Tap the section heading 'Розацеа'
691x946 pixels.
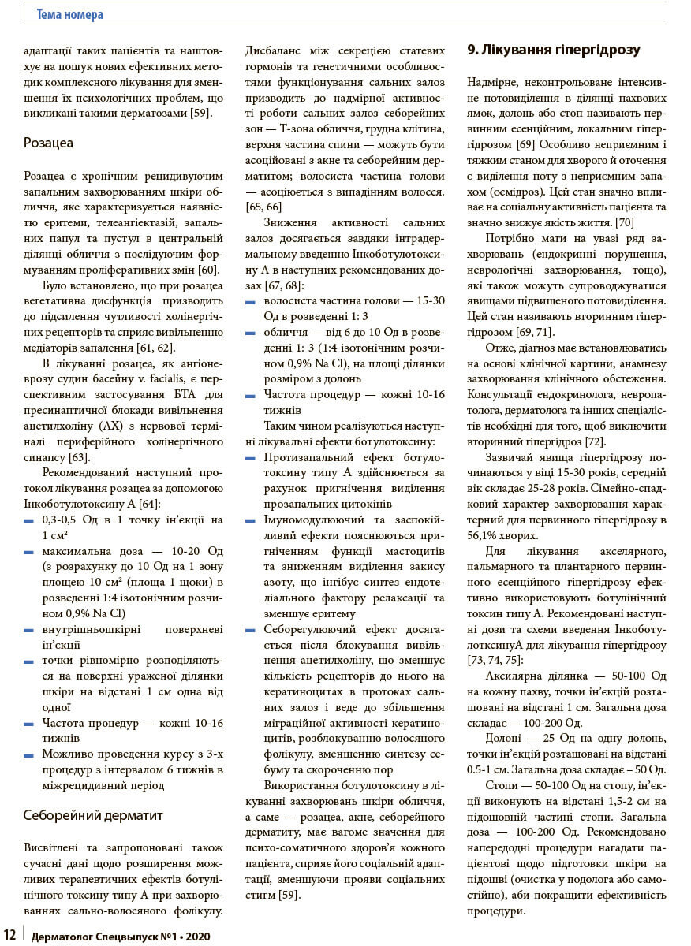(49, 143)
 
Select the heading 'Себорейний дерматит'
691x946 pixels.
(93, 815)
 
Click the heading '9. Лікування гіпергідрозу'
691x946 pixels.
(554, 50)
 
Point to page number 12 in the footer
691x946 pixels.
(9, 936)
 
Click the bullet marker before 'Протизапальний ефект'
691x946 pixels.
(251, 458)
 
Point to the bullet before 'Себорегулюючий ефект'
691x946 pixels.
(251, 631)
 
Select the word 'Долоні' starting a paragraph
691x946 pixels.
(503, 738)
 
